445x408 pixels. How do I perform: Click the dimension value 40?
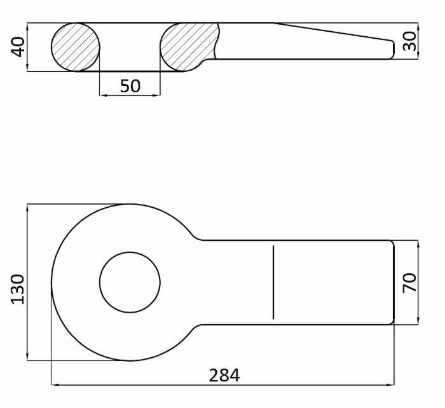(x=18, y=47)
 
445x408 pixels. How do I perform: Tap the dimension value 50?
(x=130, y=86)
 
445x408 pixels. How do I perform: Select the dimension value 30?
(x=409, y=41)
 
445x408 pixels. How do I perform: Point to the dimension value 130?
(x=18, y=289)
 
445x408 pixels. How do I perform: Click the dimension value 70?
(x=409, y=283)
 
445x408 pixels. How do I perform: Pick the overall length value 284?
(x=224, y=375)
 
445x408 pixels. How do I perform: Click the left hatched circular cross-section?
(x=76, y=47)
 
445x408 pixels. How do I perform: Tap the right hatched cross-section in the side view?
(x=189, y=47)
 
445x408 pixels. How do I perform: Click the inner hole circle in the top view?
(x=130, y=252)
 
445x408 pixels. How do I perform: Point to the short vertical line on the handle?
(x=273, y=282)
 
